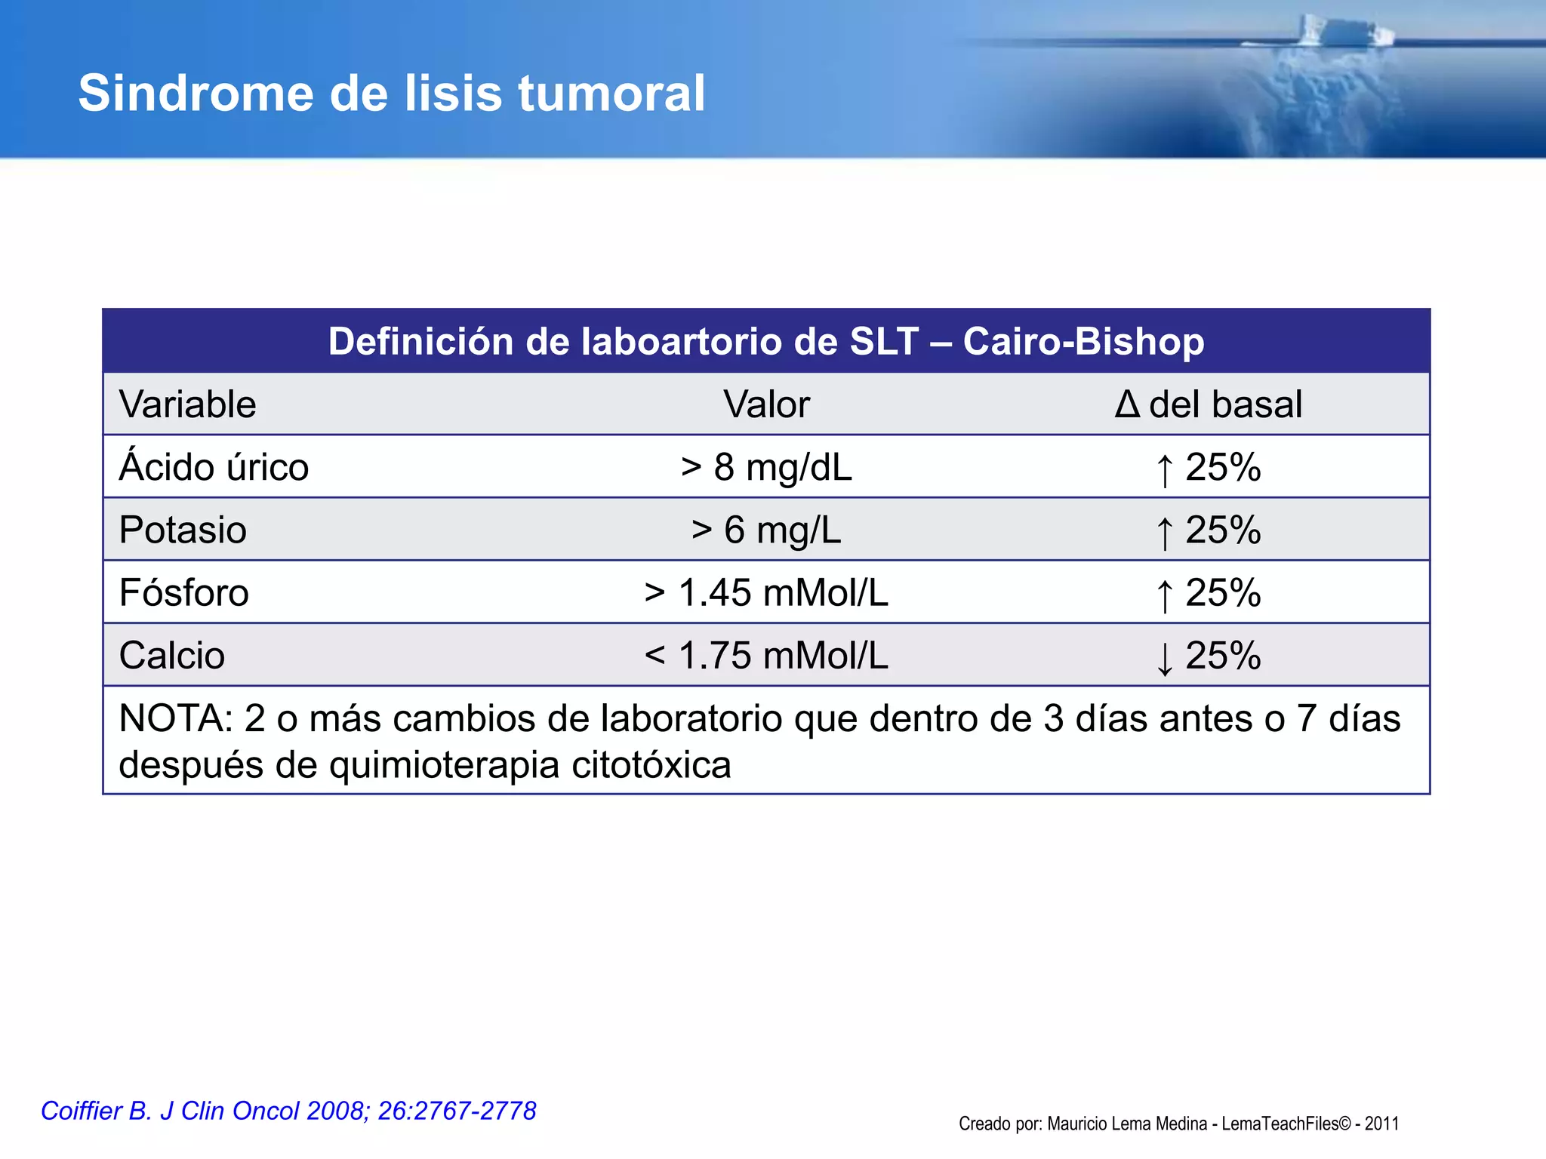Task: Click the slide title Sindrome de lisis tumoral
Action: (392, 94)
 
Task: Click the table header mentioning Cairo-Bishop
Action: (766, 342)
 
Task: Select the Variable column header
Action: (188, 404)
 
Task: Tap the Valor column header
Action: (766, 404)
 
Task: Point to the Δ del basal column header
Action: (1209, 404)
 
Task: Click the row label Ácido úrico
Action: (214, 467)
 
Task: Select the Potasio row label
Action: (183, 530)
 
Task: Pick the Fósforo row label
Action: (184, 592)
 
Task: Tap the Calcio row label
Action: (172, 655)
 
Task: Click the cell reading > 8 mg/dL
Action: (766, 467)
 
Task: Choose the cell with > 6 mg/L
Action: (766, 530)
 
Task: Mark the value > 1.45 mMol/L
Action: (766, 592)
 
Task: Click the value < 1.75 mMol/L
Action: (766, 655)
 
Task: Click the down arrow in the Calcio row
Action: (1165, 658)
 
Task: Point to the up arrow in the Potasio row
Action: (1165, 533)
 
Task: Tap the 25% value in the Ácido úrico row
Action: (1224, 467)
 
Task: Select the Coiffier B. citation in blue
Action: (288, 1111)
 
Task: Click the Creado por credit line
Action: (1178, 1124)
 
